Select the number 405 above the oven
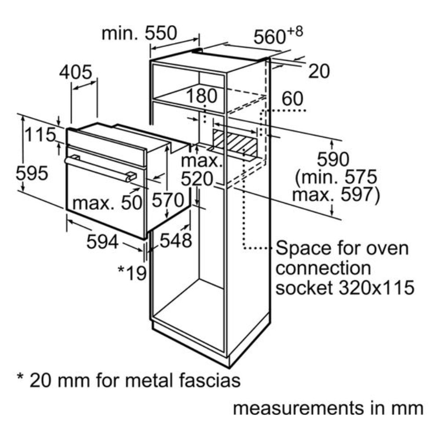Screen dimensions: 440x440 pos(75,72)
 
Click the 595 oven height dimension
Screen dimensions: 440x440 pos(32,174)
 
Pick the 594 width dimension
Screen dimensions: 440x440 pos(102,242)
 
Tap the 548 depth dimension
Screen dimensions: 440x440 pos(176,240)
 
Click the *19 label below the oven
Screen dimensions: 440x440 pos(132,273)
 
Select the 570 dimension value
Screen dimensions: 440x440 pos(167,201)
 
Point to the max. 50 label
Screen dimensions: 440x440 pos(108,203)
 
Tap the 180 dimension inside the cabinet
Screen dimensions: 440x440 pos(202,96)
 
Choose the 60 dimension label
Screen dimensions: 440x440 pos(293,99)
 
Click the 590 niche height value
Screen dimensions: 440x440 pos(334,159)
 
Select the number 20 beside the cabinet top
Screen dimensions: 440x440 pos(319,71)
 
